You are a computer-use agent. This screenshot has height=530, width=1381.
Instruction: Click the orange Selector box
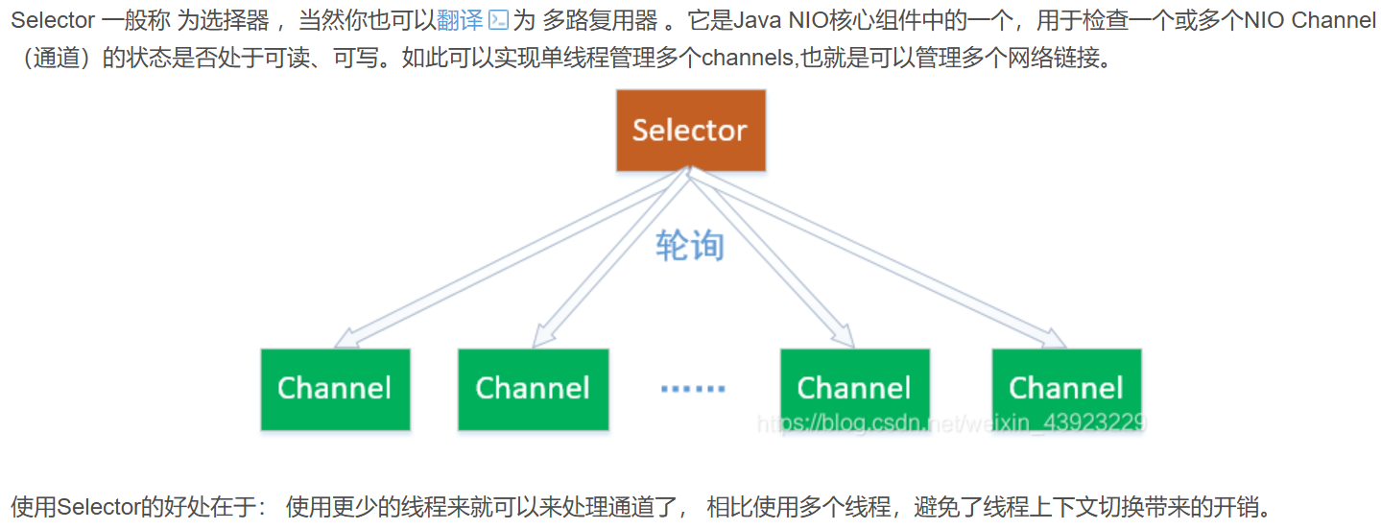pyautogui.click(x=690, y=131)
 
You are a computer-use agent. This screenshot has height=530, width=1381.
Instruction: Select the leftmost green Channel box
pyautogui.click(x=335, y=389)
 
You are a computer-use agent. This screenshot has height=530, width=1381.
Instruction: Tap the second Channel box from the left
pyautogui.click(x=533, y=389)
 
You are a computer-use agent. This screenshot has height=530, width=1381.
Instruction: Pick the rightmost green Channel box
pyautogui.click(x=1066, y=389)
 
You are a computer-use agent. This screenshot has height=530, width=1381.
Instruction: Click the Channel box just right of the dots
pyautogui.click(x=854, y=389)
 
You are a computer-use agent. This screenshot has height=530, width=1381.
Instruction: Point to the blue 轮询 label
pyautogui.click(x=689, y=246)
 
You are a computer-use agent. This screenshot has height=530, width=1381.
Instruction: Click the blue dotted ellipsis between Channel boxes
pyautogui.click(x=693, y=389)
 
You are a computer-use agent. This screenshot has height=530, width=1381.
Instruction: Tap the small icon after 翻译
pyautogui.click(x=498, y=20)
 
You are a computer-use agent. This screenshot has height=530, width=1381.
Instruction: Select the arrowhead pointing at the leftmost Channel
pyautogui.click(x=346, y=337)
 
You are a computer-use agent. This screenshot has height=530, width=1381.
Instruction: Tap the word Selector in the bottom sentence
pyautogui.click(x=98, y=506)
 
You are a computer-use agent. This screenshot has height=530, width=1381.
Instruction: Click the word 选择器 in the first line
pyautogui.click(x=234, y=20)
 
